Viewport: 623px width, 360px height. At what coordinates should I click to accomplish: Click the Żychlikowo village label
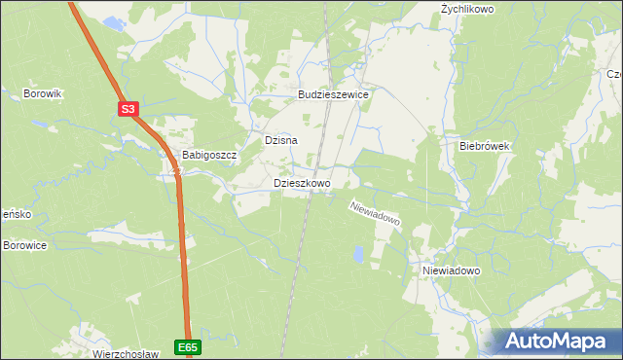pos(467,9)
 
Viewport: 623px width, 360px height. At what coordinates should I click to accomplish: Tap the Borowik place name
pos(43,93)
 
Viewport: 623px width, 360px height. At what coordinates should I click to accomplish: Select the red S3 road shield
pos(128,110)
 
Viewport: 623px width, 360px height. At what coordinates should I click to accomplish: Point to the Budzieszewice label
pos(333,95)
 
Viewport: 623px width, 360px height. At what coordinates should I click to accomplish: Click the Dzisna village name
pos(280,140)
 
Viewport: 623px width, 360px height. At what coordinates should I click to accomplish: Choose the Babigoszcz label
pos(210,156)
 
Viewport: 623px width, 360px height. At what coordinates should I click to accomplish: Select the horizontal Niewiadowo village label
pos(452,270)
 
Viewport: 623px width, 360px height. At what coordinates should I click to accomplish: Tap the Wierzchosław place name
pos(125,354)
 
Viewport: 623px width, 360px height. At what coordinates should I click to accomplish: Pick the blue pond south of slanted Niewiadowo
pos(359,255)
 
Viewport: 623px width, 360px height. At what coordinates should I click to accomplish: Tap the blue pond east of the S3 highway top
pos(113,21)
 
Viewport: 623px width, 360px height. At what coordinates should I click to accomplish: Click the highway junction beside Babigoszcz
pos(176,172)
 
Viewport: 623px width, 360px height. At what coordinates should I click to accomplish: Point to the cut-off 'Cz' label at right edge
pos(614,74)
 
